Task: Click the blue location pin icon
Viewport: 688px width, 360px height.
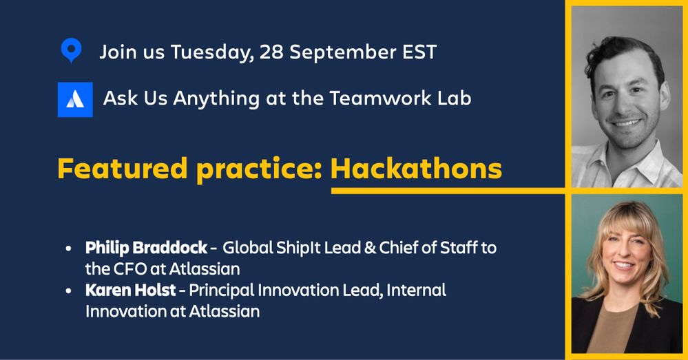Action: (x=71, y=50)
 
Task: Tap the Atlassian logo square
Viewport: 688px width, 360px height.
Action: (x=75, y=100)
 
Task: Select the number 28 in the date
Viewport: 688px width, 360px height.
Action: (x=271, y=52)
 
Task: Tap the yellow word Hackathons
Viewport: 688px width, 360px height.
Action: (x=416, y=169)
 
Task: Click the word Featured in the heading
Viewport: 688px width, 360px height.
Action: (x=123, y=169)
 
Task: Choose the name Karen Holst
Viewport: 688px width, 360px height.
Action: (x=130, y=290)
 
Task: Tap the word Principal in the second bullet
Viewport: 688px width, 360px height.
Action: (x=222, y=290)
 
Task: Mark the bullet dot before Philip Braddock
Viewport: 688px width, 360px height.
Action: (x=68, y=248)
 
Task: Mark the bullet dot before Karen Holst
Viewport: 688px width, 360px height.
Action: (x=68, y=290)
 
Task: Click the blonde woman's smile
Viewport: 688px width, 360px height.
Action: (x=624, y=266)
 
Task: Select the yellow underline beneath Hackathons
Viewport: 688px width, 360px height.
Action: (x=448, y=191)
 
